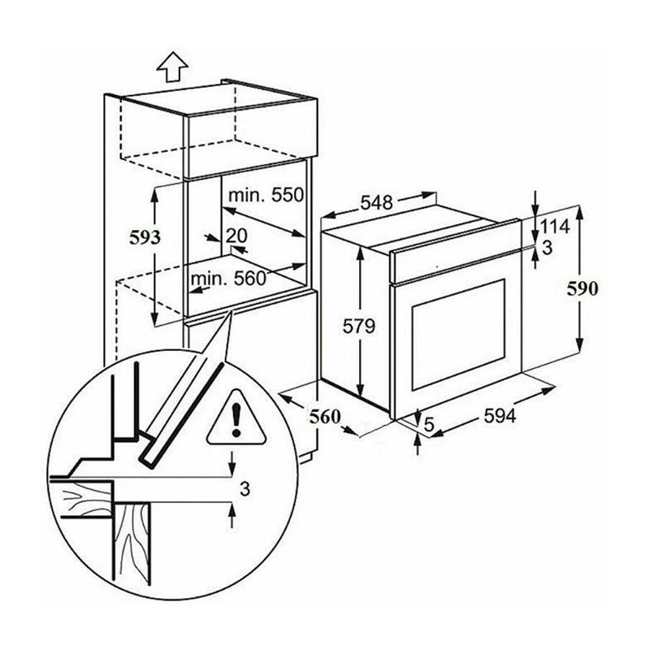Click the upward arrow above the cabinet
[171, 67]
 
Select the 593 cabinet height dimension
[146, 237]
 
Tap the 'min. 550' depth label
[265, 195]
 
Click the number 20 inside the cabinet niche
[236, 236]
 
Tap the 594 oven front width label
[500, 416]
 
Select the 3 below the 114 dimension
[548, 248]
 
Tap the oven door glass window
[458, 334]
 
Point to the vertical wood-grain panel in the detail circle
[132, 544]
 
